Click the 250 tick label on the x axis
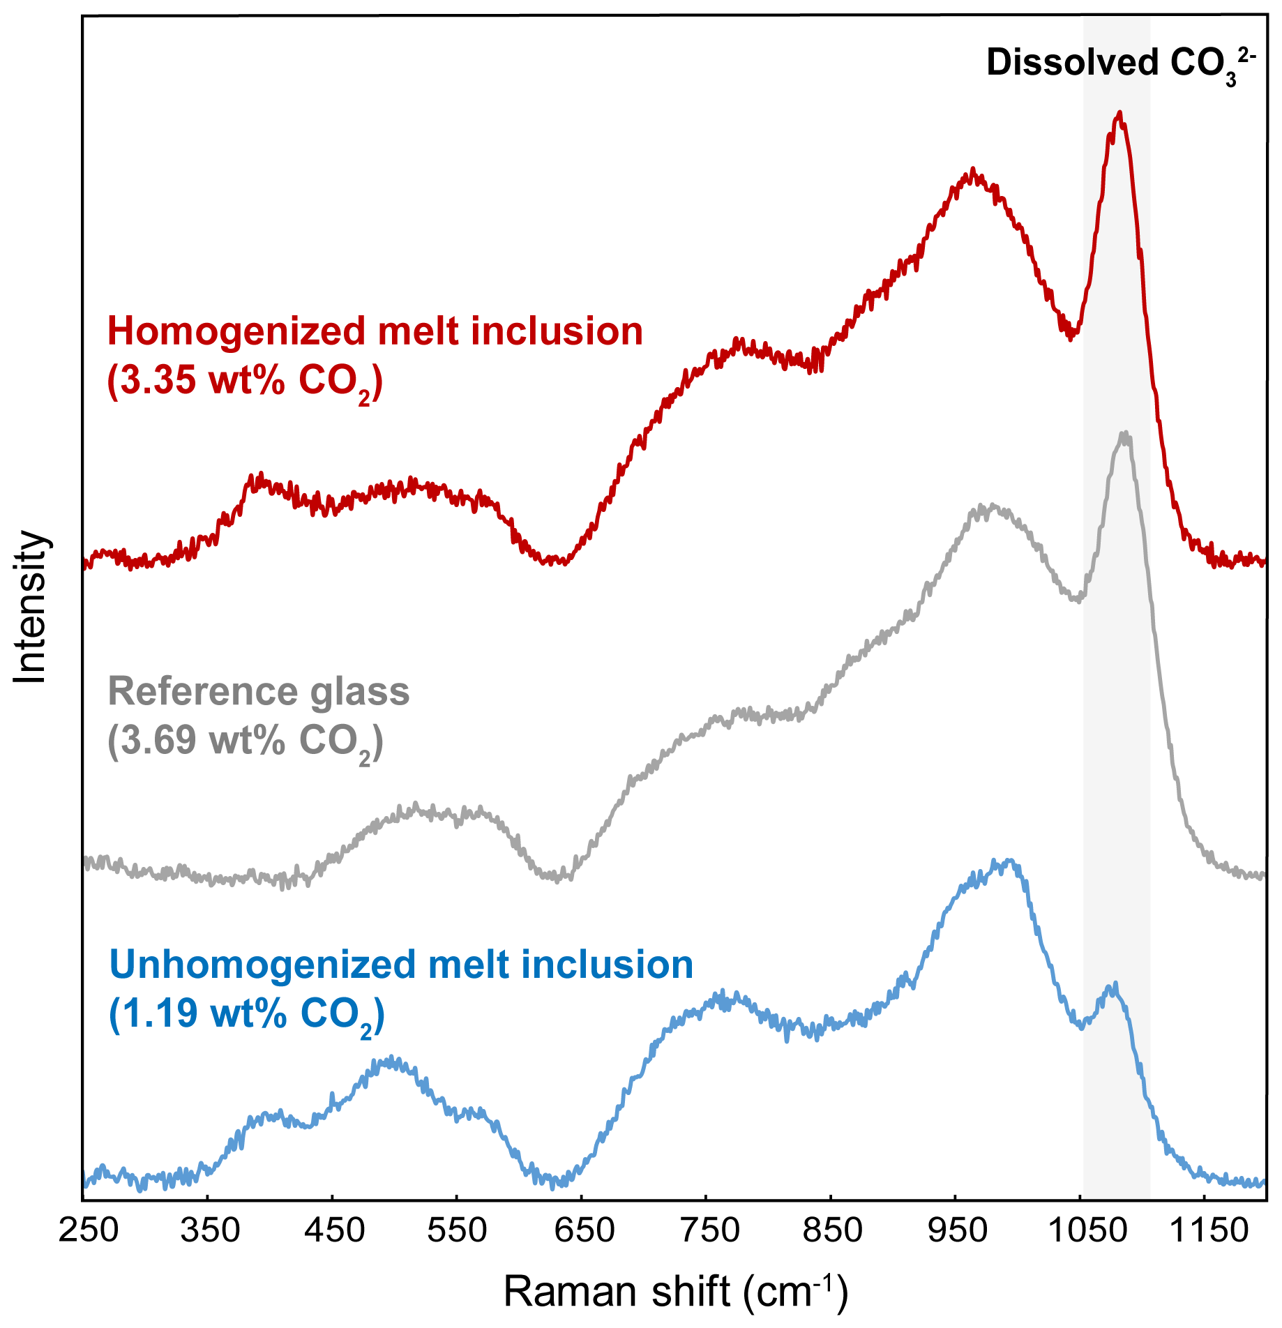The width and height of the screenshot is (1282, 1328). click(x=88, y=1230)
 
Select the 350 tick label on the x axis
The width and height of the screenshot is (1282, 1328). click(x=211, y=1230)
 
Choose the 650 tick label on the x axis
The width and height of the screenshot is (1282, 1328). click(x=583, y=1230)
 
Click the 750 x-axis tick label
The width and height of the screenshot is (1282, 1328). click(x=708, y=1230)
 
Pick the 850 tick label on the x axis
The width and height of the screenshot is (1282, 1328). click(x=832, y=1230)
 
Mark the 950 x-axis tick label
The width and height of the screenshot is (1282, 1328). click(x=957, y=1230)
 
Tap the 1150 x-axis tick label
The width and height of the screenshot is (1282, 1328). click(x=1207, y=1230)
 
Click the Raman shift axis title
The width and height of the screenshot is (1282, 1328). click(x=675, y=1291)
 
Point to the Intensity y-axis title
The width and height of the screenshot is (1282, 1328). click(x=31, y=607)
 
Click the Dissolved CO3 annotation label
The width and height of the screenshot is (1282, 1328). click(x=1120, y=64)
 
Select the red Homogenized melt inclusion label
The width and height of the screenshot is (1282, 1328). click(x=375, y=331)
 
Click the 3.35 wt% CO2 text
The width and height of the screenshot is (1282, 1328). click(x=244, y=382)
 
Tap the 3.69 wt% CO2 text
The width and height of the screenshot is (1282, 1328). click(x=245, y=741)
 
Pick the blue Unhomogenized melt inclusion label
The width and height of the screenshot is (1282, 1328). click(x=401, y=965)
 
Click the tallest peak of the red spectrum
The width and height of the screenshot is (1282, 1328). click(x=1119, y=113)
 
